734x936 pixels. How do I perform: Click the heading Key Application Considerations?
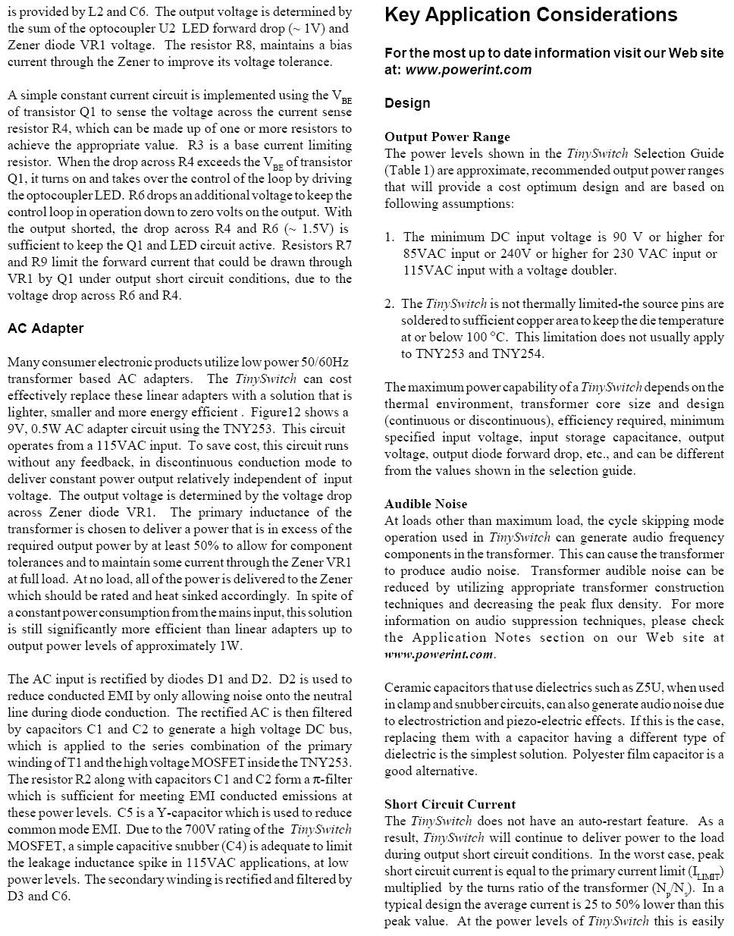pyautogui.click(x=531, y=15)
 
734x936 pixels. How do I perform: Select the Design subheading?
pyautogui.click(x=407, y=103)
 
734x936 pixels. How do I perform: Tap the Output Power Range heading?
pyautogui.click(x=447, y=137)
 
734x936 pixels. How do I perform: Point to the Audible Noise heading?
pyautogui.click(x=425, y=504)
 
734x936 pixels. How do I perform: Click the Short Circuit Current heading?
pyautogui.click(x=450, y=805)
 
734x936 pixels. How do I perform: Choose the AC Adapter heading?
pyautogui.click(x=45, y=328)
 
